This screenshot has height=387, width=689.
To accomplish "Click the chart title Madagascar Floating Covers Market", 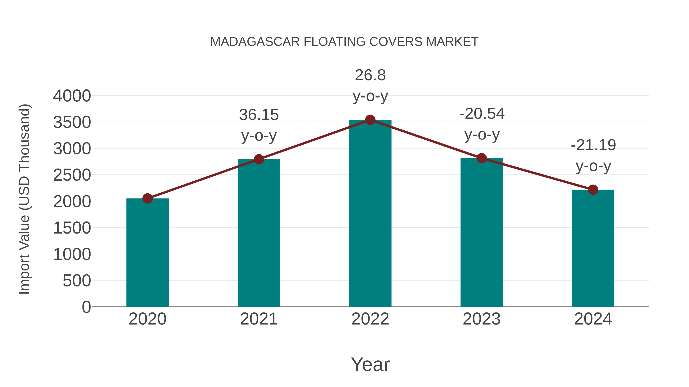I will tap(344, 42).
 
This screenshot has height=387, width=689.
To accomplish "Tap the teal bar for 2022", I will tap(370, 214).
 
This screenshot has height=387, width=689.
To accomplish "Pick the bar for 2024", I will tap(593, 248).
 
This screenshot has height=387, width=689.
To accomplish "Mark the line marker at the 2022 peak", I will tap(370, 120).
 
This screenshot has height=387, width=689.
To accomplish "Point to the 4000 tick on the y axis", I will tap(72, 96).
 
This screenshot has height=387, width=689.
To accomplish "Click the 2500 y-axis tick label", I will tap(72, 175).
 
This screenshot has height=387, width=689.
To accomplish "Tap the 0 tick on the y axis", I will tap(86, 307).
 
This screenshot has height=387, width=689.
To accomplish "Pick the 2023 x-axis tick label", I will tap(482, 319).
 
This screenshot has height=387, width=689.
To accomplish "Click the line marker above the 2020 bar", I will tap(147, 198).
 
